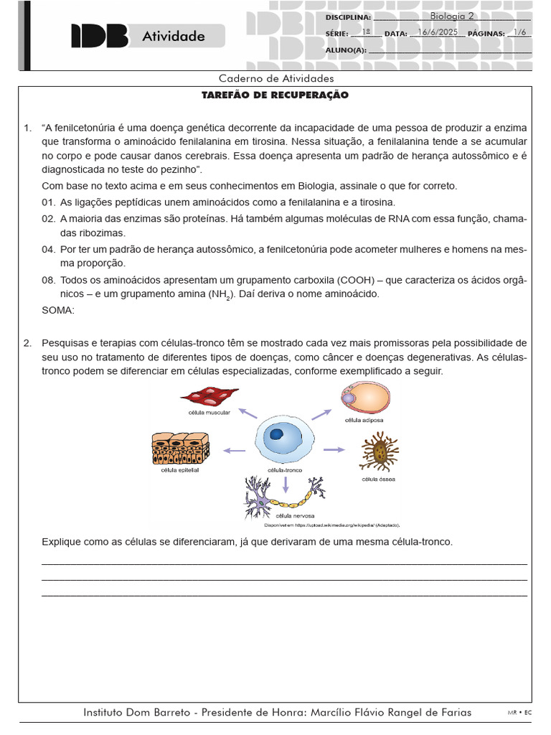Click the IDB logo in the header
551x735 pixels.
(99, 36)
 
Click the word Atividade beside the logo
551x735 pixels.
(173, 36)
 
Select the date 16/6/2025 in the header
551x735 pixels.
(437, 32)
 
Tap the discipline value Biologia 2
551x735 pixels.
(452, 16)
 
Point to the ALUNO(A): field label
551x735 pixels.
(346, 50)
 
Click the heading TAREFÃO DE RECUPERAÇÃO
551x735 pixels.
(275, 95)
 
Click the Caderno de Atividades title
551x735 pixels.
(275, 78)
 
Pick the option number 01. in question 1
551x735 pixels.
(48, 202)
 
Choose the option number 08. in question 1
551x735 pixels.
(48, 279)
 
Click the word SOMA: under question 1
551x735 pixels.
(58, 311)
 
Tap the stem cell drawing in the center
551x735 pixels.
(284, 439)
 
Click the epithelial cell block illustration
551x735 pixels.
(180, 449)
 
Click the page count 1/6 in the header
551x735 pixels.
(519, 32)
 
